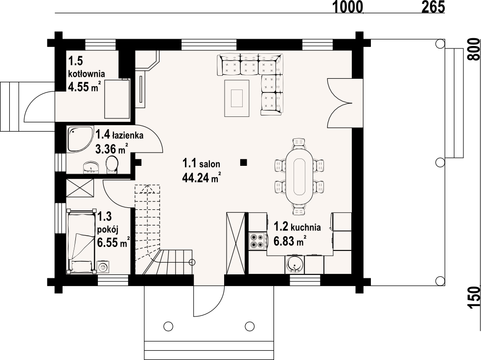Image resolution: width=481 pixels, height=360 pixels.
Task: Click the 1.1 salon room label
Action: click(201, 163)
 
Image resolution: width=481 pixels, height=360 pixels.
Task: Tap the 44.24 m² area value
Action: click(202, 177)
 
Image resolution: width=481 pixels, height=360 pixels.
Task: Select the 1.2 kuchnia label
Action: click(297, 227)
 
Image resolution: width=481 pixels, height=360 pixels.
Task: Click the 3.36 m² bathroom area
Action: click(112, 149)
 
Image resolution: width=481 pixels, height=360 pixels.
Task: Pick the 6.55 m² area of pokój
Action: click(113, 243)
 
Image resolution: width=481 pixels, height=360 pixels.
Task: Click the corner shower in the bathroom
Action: click(80, 139)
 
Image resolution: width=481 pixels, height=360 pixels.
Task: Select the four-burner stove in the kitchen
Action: click(257, 241)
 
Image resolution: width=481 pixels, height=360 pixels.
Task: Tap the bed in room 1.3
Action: click(80, 241)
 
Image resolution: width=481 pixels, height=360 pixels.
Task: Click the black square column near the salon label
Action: click(244, 162)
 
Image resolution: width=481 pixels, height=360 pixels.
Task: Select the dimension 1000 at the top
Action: click(348, 7)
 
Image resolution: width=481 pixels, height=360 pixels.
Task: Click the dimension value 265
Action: click(433, 7)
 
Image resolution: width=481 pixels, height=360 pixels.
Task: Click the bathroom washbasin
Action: click(92, 167)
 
